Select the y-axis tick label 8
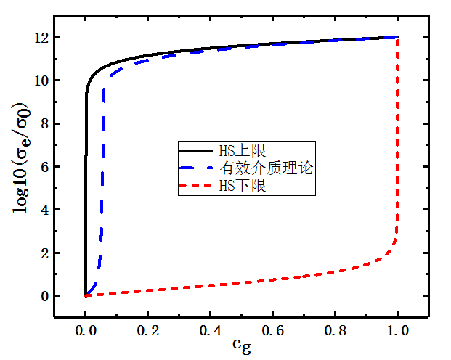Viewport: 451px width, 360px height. (x=45, y=124)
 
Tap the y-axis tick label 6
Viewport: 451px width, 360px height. (x=45, y=167)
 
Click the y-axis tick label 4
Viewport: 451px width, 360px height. (x=45, y=210)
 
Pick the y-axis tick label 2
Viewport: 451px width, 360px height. (x=45, y=253)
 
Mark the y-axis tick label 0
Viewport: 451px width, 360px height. (x=45, y=296)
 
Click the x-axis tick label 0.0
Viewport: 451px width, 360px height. (x=86, y=330)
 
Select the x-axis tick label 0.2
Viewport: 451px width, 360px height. (x=148, y=330)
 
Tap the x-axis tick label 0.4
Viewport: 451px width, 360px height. (x=211, y=330)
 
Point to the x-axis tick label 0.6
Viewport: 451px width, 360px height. (x=273, y=330)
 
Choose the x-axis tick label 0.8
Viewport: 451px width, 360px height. (x=336, y=330)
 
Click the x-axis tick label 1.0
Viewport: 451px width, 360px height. (x=398, y=330)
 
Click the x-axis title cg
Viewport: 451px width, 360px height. (x=242, y=348)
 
